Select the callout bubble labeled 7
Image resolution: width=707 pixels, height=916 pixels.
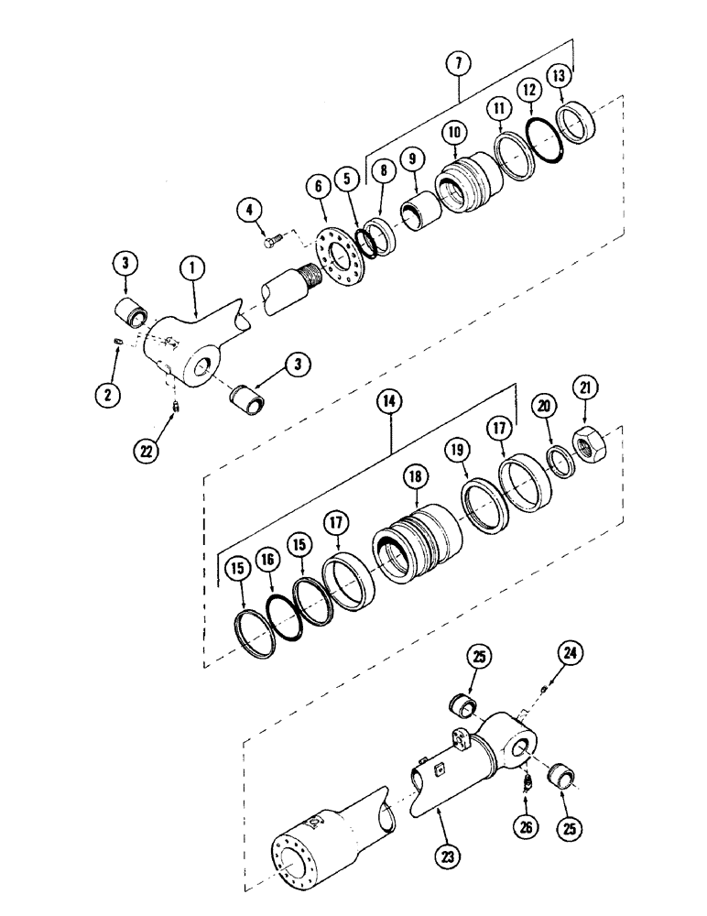point(457,65)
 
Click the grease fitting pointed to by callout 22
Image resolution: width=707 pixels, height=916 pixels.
point(174,402)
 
